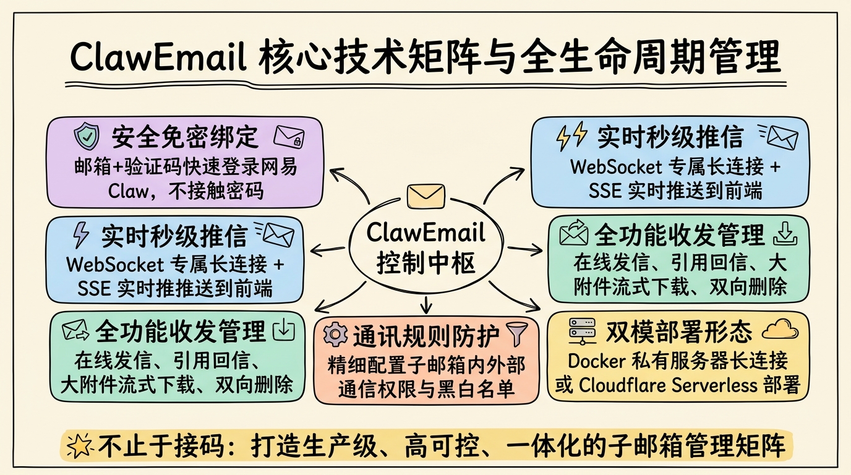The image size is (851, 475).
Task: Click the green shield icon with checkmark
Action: tap(87, 137)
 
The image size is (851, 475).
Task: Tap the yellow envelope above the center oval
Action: tap(426, 196)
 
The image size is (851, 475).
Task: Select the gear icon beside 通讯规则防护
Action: tap(335, 335)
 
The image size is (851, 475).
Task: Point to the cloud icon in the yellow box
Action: tap(780, 330)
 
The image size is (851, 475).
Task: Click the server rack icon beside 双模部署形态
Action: tap(582, 332)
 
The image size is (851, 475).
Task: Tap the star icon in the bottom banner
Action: tap(79, 445)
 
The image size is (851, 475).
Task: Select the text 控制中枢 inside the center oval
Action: tap(426, 263)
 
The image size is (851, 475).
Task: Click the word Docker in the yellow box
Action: tap(596, 361)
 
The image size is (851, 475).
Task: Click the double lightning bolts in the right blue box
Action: tap(571, 136)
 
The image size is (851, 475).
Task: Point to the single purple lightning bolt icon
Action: tap(80, 235)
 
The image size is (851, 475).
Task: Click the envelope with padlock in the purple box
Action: tap(289, 137)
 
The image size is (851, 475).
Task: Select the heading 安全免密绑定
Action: tap(185, 137)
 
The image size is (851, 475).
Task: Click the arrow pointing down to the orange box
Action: tap(426, 304)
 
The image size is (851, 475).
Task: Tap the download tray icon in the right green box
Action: tap(785, 233)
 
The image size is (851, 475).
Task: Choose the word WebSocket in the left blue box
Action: tap(115, 265)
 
